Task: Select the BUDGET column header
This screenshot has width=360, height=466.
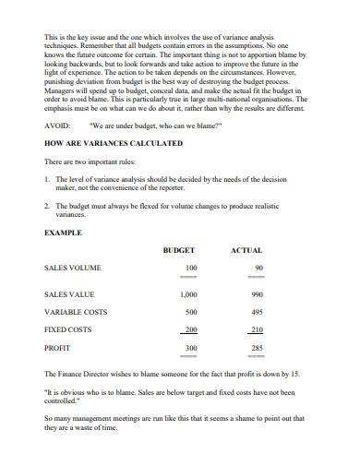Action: (x=178, y=250)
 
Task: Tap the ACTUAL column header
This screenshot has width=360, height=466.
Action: (x=246, y=250)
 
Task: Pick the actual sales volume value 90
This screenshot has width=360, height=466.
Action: (x=258, y=268)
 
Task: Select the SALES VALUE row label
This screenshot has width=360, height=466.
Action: (x=72, y=294)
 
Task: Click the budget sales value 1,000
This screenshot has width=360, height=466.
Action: (x=187, y=294)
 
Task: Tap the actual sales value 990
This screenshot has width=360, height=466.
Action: (x=257, y=294)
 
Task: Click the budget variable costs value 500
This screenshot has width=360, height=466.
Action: (x=190, y=311)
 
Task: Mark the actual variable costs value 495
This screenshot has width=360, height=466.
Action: (x=257, y=311)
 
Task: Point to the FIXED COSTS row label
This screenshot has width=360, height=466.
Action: (x=70, y=329)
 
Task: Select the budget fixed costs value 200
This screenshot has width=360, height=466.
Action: (x=190, y=329)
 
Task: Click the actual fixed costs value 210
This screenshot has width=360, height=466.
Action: (x=257, y=329)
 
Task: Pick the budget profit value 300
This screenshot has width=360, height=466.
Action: (x=190, y=348)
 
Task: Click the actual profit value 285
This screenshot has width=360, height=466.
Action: (x=257, y=348)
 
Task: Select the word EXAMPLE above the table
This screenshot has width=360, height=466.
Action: (x=63, y=233)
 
